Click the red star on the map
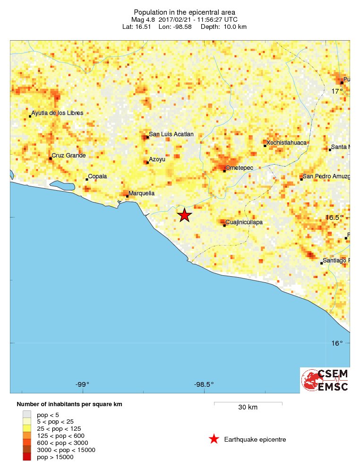tap(185, 215)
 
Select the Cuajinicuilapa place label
tap(245, 222)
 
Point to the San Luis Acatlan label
tap(171, 134)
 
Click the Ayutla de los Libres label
tap(57, 113)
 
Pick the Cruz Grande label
tap(69, 155)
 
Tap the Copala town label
tap(98, 176)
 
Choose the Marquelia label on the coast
tap(142, 193)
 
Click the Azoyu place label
tap(157, 159)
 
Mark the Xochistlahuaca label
tap(287, 142)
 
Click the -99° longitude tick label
tap(83, 384)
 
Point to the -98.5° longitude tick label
tap(204, 384)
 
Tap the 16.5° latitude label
tap(334, 218)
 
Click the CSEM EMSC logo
tap(325, 380)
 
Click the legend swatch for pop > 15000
tap(26, 457)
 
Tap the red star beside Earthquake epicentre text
tap(214, 439)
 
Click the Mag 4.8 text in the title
tap(144, 19)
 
